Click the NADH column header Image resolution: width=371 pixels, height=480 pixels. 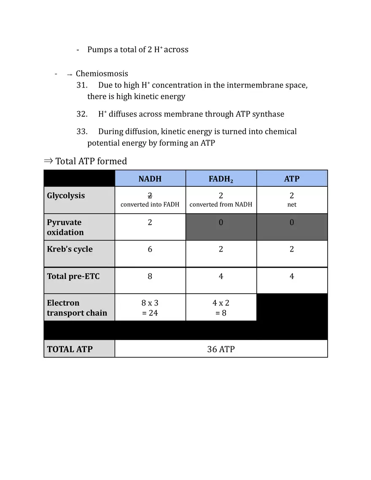[x=150, y=179]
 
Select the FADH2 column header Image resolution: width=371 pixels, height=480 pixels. [x=221, y=179]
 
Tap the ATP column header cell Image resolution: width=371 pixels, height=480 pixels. [x=292, y=179]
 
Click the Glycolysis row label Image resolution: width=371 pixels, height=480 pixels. [x=66, y=196]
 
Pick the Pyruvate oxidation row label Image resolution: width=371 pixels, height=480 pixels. [x=65, y=227]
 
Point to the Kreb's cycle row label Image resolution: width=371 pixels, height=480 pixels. [x=70, y=249]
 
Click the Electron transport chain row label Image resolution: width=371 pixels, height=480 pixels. [x=77, y=308]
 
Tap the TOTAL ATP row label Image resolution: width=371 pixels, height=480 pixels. [x=70, y=349]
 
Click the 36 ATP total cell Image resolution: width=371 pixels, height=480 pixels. [x=221, y=349]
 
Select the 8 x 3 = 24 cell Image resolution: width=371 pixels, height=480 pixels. [x=150, y=308]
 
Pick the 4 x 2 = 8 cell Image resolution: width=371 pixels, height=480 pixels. [x=221, y=308]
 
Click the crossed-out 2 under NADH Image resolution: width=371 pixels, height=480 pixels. [x=150, y=196]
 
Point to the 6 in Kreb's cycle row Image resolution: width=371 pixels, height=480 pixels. [x=150, y=249]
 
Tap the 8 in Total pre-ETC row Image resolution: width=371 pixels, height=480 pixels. [x=150, y=276]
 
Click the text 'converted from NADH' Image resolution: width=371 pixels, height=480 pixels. [x=221, y=205]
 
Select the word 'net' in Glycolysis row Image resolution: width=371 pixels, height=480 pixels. [x=292, y=205]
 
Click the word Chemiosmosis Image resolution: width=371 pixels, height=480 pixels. [x=102, y=74]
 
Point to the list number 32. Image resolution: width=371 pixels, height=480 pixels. [x=82, y=114]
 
